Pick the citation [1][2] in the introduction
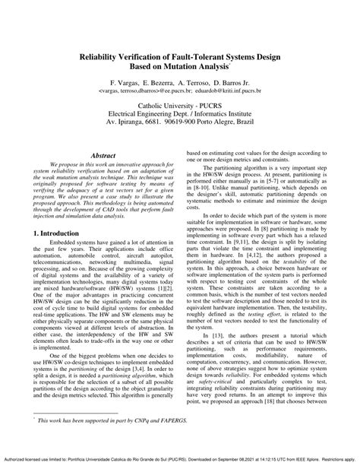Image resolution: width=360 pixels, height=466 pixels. click(x=163, y=281)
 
